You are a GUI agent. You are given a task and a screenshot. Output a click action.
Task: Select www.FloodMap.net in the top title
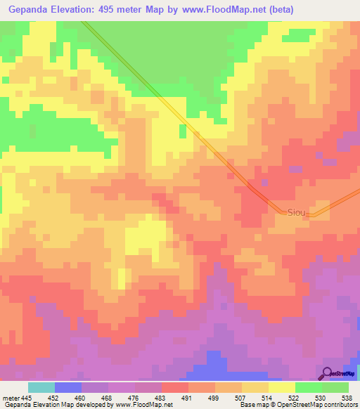pyautogui.click(x=224, y=10)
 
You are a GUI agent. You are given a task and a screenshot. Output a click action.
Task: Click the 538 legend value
pyautogui.click(x=346, y=398)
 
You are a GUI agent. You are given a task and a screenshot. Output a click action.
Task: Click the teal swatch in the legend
pyautogui.click(x=41, y=387)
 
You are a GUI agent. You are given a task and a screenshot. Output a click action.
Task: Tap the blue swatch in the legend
pyautogui.click(x=68, y=387)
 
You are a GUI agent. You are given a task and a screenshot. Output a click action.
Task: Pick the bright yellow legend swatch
pyautogui.click(x=282, y=387)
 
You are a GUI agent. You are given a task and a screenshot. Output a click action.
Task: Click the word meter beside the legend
pyautogui.click(x=9, y=398)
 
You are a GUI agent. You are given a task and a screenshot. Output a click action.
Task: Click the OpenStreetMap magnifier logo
pyautogui.click(x=328, y=372)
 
